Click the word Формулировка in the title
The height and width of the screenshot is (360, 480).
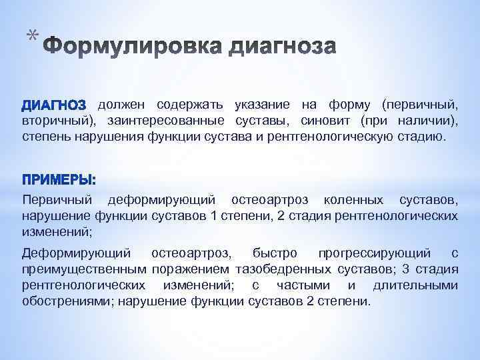(133, 48)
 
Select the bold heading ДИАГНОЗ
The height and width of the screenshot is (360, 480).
(54, 105)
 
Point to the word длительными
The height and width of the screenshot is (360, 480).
(415, 285)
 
